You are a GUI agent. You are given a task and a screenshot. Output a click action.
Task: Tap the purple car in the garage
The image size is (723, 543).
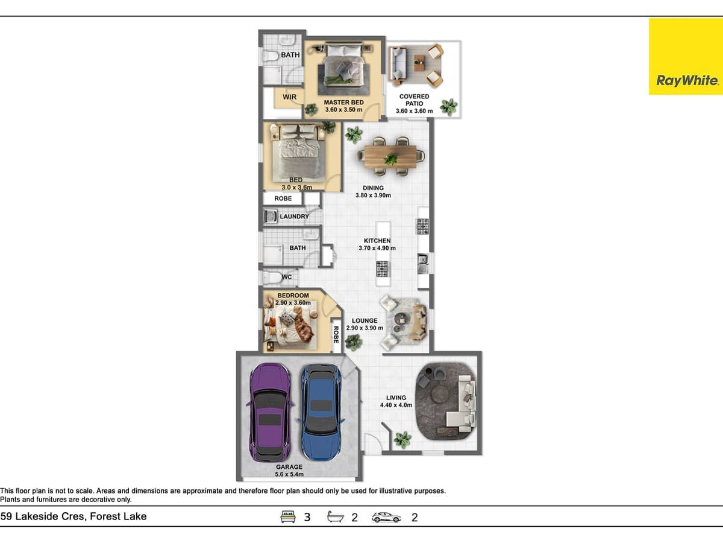click(x=269, y=412)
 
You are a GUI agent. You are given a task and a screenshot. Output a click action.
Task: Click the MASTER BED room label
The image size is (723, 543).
click(x=343, y=103)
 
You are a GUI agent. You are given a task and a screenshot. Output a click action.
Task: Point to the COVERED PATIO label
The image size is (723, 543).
click(x=415, y=100)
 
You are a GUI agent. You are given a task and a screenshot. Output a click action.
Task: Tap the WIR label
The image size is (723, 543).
click(x=290, y=97)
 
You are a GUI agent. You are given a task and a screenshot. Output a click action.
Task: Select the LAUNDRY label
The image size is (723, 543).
click(x=294, y=217)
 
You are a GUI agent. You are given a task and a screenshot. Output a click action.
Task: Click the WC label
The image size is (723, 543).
click(x=287, y=278)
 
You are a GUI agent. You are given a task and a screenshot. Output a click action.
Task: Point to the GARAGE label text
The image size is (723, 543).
click(x=289, y=467)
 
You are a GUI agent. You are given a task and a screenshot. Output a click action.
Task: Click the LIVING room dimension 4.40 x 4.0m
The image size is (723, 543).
click(x=396, y=405)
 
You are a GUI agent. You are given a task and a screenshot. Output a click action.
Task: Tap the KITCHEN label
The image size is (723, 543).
click(x=377, y=241)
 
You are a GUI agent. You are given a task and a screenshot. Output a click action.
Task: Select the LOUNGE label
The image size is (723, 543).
click(x=365, y=321)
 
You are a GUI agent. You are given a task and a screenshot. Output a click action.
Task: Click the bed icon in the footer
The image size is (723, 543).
click(x=289, y=517)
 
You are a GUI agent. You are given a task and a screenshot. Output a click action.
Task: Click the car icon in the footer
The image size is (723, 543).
click(x=386, y=517)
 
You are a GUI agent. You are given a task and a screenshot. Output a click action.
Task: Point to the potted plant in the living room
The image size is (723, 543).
click(x=402, y=439)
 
